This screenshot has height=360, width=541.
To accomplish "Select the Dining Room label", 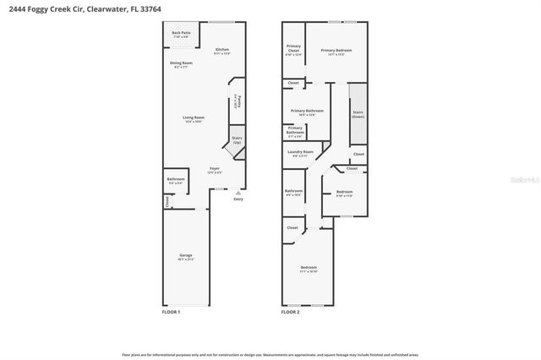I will click(x=182, y=64).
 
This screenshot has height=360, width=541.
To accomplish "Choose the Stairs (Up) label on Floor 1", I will click(x=237, y=141).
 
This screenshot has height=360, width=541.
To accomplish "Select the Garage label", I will click(x=186, y=257).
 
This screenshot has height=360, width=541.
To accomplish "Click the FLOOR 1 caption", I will click(x=171, y=313).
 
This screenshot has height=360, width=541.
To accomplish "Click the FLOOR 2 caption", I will click(x=290, y=313).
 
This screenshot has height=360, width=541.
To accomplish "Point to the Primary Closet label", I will click(x=293, y=49).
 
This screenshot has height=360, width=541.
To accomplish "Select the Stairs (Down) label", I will click(x=358, y=114).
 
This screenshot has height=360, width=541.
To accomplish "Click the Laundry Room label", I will click(x=302, y=153).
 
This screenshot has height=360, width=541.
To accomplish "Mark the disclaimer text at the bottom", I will click(x=270, y=354).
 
